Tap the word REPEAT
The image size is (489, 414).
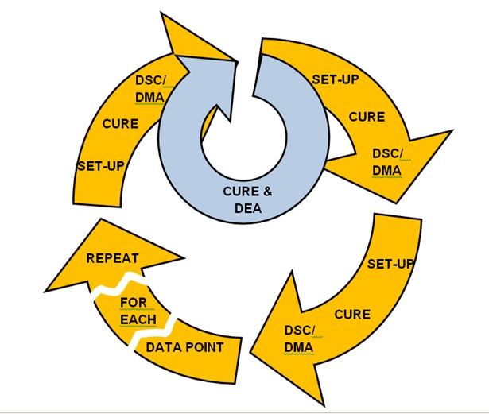tap(112, 258)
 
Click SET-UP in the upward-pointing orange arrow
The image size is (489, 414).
tap(99, 167)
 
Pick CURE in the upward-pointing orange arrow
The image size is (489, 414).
tap(120, 124)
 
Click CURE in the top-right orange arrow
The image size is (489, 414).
tap(367, 117)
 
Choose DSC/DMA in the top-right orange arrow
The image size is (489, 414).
tap(388, 161)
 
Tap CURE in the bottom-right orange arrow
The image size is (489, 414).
tap(351, 314)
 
